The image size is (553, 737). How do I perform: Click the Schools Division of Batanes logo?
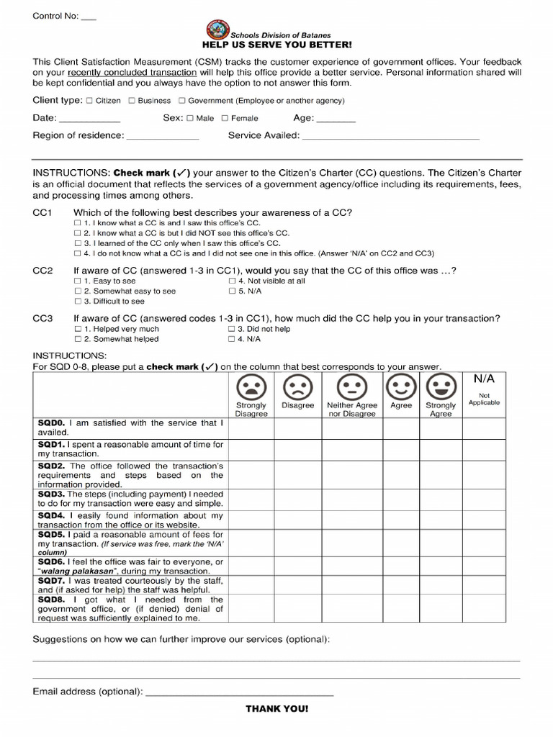[x=216, y=30]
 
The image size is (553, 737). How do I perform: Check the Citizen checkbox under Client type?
[x=89, y=101]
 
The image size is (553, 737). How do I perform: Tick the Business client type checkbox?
[x=132, y=101]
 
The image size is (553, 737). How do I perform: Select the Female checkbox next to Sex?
[x=225, y=118]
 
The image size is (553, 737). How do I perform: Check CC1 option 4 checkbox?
[x=78, y=253]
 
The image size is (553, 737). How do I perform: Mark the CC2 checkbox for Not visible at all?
[x=232, y=281]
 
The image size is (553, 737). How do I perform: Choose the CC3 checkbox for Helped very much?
[x=78, y=329]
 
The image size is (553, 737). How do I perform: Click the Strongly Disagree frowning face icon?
[x=251, y=387]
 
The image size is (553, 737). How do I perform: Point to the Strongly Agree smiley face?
[x=440, y=387]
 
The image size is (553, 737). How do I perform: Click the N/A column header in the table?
[x=484, y=379]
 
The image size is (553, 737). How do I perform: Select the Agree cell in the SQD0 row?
[x=401, y=428]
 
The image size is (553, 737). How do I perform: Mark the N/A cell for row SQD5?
[x=484, y=543]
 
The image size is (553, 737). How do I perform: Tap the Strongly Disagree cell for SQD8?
[x=251, y=608]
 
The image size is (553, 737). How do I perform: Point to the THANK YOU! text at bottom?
[x=276, y=709]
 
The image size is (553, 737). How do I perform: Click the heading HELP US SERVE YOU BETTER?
[x=276, y=45]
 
